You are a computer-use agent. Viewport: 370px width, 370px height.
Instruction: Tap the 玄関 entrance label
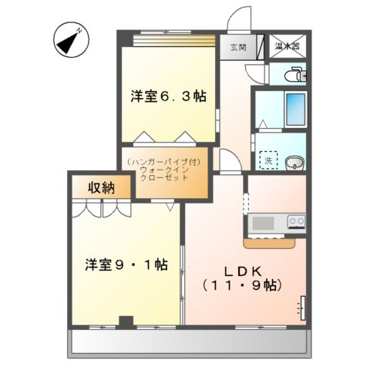pyautogui.click(x=238, y=48)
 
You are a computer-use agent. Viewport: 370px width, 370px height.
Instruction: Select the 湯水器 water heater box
pyautogui.click(x=288, y=46)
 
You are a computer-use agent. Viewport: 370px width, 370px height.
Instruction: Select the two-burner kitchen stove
pyautogui.click(x=296, y=222)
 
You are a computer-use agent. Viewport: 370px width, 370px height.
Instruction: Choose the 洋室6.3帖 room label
pyautogui.click(x=167, y=96)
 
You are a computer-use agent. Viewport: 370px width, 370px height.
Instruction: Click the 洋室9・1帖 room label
pyautogui.click(x=126, y=264)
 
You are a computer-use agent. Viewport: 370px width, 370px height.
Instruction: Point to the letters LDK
pyautogui.click(x=244, y=271)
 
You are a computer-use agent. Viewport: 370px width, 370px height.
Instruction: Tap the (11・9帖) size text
pyautogui.click(x=244, y=286)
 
